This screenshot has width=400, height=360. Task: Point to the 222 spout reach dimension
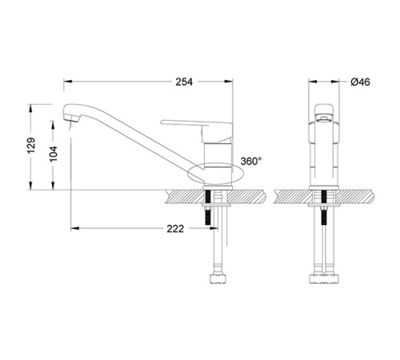[176, 228]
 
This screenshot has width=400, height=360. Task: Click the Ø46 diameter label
[359, 82]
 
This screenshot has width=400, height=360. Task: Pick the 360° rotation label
[250, 161]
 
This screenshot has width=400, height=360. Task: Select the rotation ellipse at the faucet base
[213, 170]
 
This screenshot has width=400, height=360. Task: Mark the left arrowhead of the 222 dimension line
[75, 228]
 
